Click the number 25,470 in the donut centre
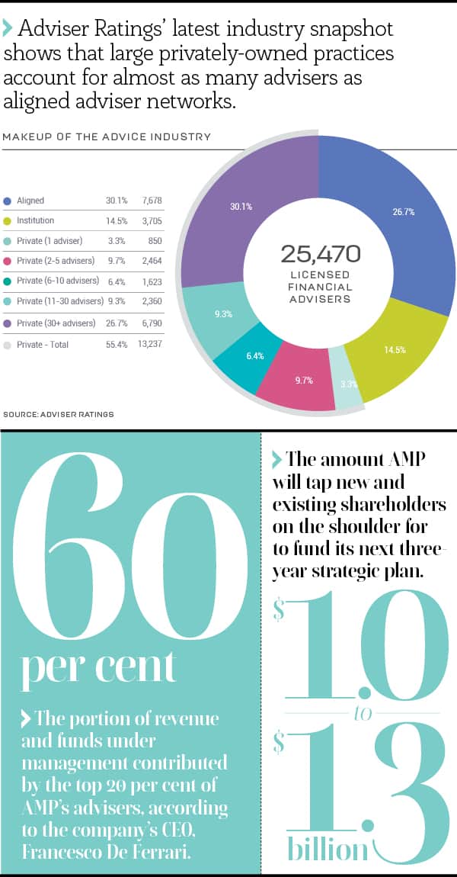click(320, 254)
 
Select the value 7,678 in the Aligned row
click(152, 201)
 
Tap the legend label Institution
click(36, 220)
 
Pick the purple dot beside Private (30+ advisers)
click(8, 324)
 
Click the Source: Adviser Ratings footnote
click(59, 414)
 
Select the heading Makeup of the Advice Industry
click(107, 137)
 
